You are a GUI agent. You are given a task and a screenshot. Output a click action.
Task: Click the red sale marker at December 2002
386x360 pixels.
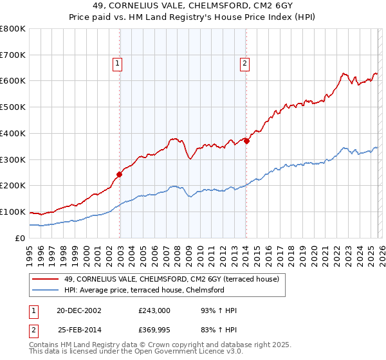pyautogui.click(x=120, y=174)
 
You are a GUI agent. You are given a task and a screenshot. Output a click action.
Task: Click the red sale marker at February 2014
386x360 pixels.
pyautogui.click(x=246, y=141)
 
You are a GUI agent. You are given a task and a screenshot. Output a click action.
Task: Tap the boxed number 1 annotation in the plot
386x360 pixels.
pyautogui.click(x=118, y=63)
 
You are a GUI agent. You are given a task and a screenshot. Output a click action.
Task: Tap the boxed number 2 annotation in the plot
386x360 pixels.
pyautogui.click(x=245, y=63)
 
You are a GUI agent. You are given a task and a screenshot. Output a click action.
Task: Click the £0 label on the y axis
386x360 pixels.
pyautogui.click(x=19, y=238)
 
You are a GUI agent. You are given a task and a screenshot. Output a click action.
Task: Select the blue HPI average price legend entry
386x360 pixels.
pyautogui.click(x=151, y=291)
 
